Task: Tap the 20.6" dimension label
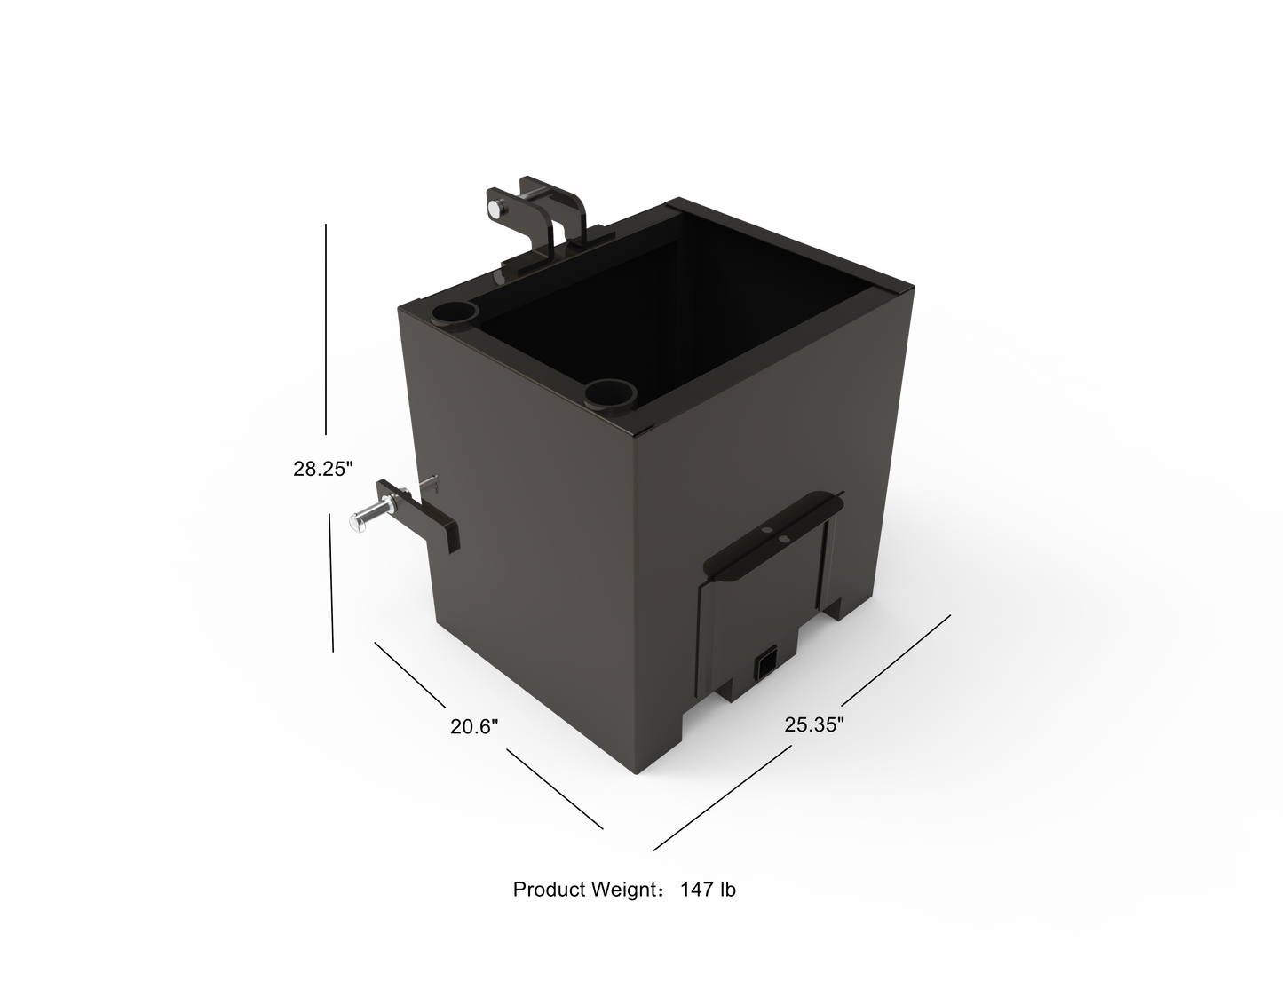point(474,727)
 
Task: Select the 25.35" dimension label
point(813,724)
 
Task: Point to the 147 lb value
point(708,889)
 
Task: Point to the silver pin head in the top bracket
point(491,208)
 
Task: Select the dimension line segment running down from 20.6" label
point(554,788)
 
